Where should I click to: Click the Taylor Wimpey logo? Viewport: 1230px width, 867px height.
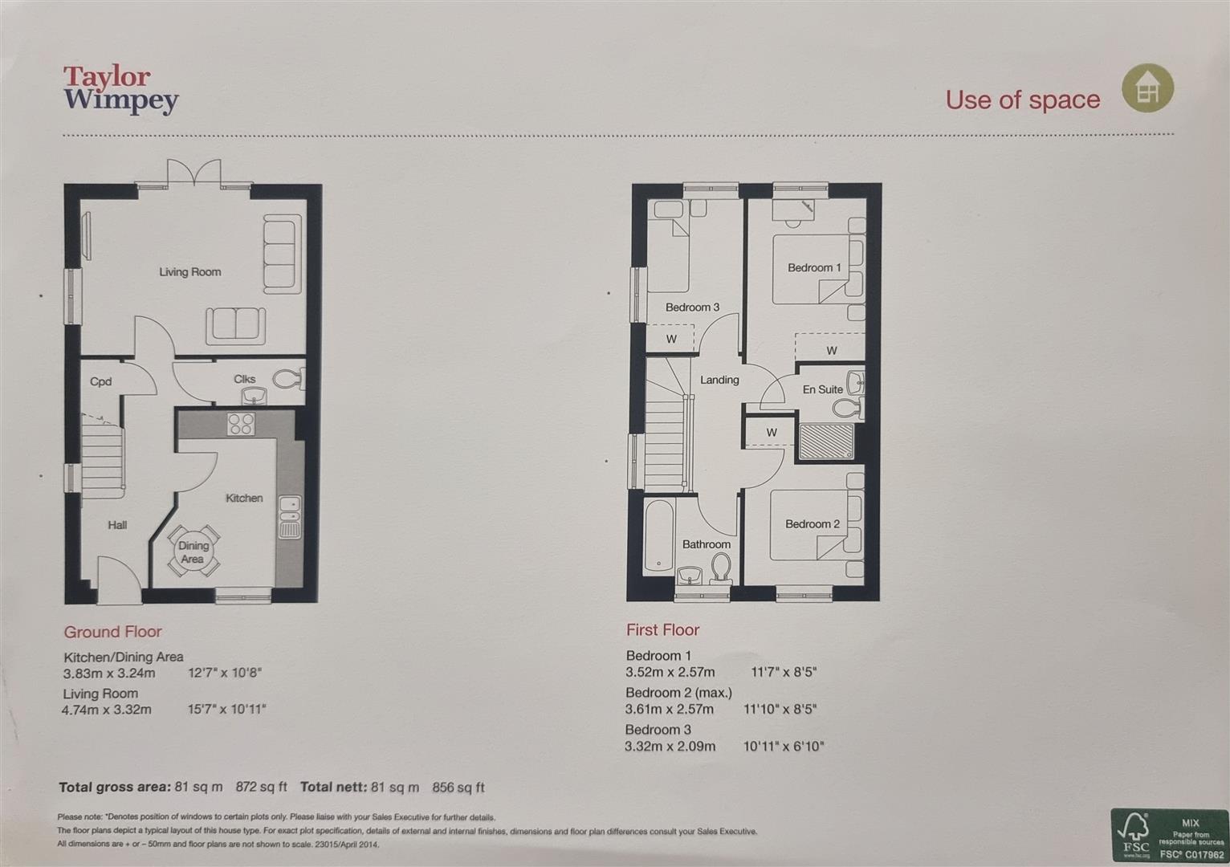[121, 90]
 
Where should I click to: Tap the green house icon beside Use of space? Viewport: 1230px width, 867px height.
[1147, 88]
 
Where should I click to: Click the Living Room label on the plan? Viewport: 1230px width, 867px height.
[190, 272]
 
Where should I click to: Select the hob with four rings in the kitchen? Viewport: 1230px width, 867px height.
[241, 423]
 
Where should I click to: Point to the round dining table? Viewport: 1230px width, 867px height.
[193, 552]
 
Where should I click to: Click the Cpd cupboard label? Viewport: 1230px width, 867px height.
[100, 381]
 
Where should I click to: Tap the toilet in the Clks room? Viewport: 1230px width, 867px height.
[288, 379]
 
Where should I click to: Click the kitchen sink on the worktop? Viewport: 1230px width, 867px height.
[289, 517]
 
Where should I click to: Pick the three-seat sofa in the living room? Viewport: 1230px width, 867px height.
[283, 254]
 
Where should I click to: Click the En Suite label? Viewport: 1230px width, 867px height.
[823, 389]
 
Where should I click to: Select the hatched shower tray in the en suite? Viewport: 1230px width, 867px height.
[826, 441]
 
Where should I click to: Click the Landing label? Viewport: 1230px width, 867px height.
[719, 380]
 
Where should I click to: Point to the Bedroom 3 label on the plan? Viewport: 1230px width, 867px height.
[692, 307]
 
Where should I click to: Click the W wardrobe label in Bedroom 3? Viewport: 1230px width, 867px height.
[671, 339]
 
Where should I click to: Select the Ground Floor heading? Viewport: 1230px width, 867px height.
[112, 632]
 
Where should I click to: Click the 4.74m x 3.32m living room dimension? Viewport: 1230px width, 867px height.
[107, 710]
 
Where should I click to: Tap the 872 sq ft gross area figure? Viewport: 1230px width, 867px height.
[262, 787]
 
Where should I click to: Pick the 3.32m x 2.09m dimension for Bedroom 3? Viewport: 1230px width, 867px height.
[670, 747]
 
